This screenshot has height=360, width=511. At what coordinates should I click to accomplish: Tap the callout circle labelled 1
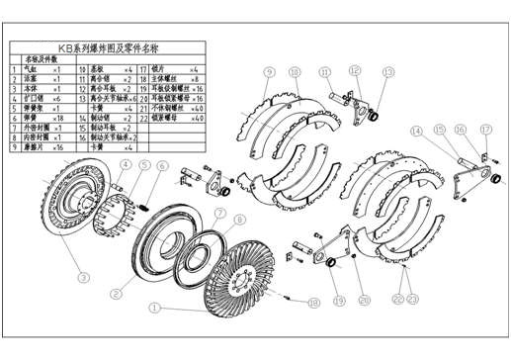coord(154,308)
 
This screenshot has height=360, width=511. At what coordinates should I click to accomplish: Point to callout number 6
coord(162,166)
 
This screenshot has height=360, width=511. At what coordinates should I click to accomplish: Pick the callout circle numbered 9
coord(268,72)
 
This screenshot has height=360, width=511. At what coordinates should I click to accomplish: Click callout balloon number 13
coord(387,71)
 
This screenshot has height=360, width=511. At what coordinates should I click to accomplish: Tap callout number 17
coord(485,130)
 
